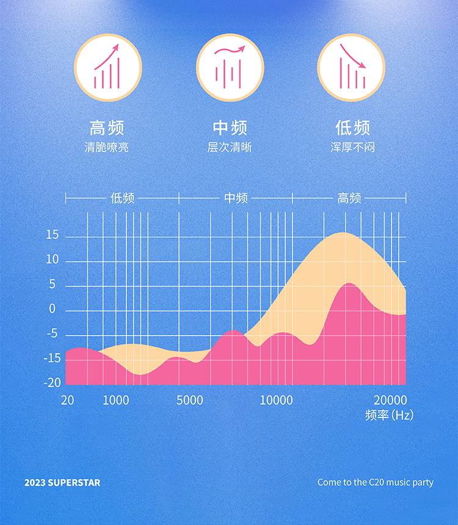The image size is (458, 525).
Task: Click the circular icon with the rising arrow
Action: pos(107,67)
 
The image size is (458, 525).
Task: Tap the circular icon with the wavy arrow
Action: pos(230,67)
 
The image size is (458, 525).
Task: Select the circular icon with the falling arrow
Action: pos(351,67)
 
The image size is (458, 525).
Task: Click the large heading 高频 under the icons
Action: pos(107,128)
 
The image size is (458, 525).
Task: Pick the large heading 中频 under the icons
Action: pos(230,128)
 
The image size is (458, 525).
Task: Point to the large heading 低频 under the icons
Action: pos(352,128)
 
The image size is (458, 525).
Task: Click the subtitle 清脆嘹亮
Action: pos(107,147)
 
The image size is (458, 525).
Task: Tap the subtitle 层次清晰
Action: pos(230,147)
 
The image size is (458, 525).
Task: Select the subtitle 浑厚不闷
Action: pos(352,147)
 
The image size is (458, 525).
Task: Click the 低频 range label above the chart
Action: pos(122,198)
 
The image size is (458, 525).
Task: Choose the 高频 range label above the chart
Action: pos(349,198)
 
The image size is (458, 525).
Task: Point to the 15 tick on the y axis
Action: pos(53,236)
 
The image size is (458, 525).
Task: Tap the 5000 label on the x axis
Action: pos(189,400)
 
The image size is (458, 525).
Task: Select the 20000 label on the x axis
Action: pos(390,400)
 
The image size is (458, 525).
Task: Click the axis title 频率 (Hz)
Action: pos(389,416)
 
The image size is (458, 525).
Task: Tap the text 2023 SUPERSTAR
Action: pos(62,483)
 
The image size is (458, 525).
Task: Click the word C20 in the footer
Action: pos(377,483)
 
